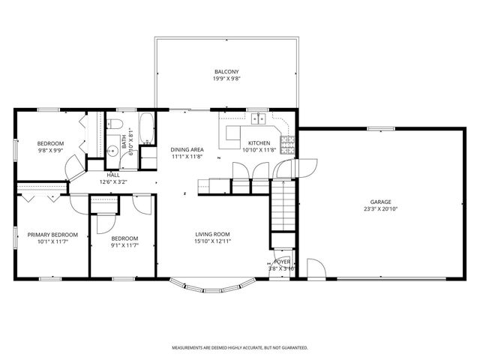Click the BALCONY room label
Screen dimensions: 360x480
point(226,72)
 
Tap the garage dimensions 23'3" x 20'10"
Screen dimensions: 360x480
point(380,209)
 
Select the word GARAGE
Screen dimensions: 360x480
point(380,202)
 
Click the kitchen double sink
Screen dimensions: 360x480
point(259,118)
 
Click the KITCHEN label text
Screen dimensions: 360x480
point(259,142)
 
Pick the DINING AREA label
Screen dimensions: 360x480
point(187,149)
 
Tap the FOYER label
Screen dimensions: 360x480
point(281,262)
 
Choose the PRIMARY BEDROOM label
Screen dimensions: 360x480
point(52,235)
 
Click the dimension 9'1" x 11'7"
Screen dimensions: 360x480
point(124,245)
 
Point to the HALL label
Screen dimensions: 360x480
point(113,175)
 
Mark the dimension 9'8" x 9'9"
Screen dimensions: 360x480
point(51,150)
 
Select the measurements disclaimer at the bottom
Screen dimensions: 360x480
point(240,348)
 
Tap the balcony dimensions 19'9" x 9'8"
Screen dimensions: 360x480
point(226,79)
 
